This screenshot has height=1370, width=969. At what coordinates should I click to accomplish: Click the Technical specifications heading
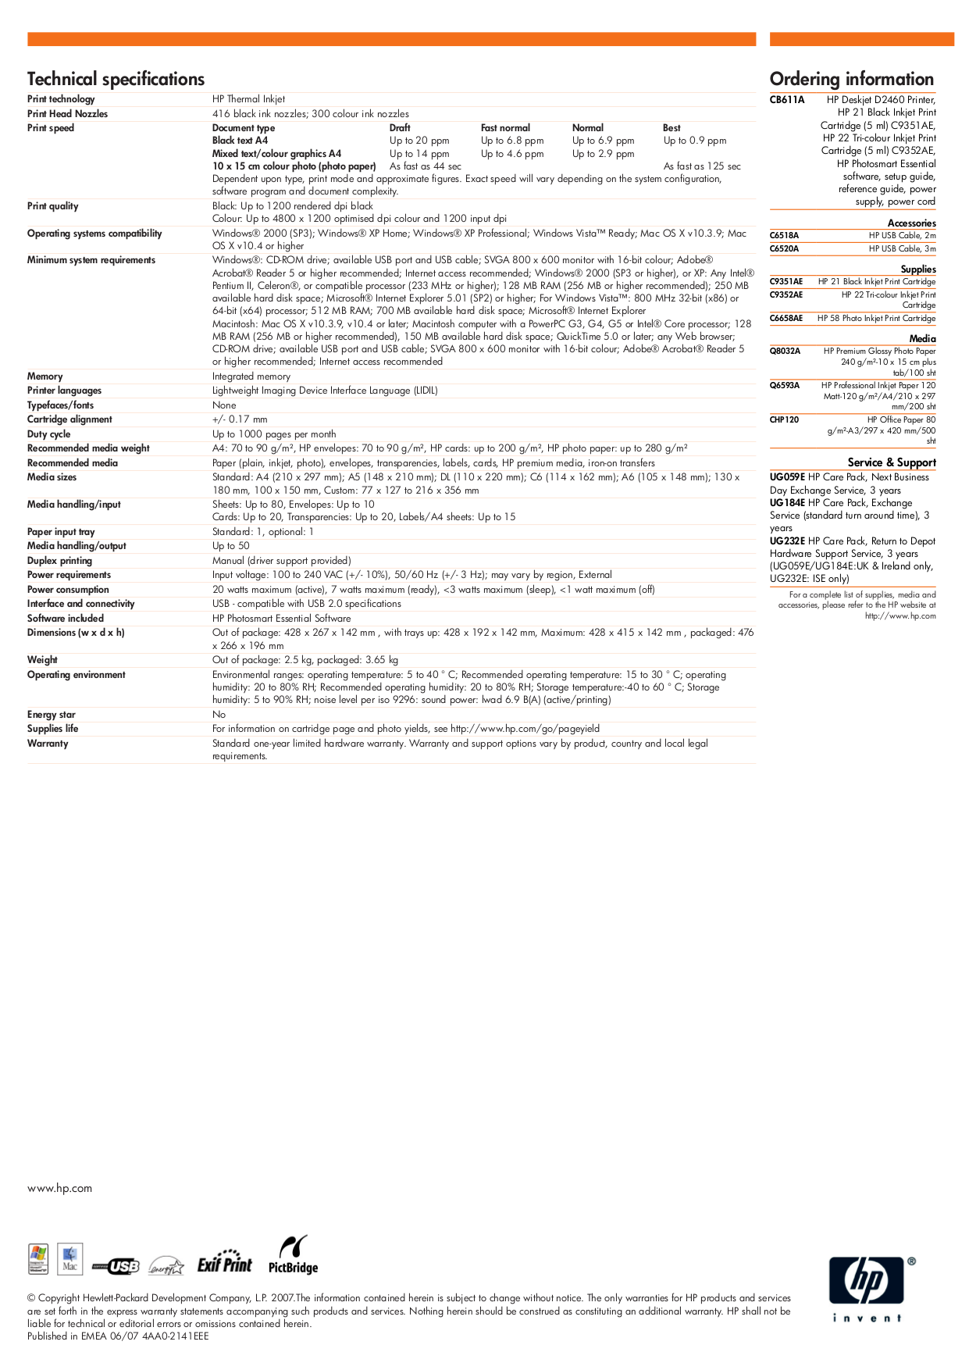[x=116, y=79]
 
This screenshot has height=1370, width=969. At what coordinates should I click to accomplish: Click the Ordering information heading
[x=851, y=79]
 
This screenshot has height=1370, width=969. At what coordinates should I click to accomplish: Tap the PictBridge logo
[x=293, y=1255]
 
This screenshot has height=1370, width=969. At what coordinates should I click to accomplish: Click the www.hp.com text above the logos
[x=59, y=1188]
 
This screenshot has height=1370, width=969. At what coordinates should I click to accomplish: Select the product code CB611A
[x=786, y=100]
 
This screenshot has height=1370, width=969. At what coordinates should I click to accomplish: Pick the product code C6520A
[x=784, y=249]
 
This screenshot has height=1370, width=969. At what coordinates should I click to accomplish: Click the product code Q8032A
[x=785, y=351]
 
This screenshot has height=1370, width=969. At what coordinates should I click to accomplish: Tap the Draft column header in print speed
[x=400, y=128]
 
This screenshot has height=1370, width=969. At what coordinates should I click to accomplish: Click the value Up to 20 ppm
[x=419, y=141]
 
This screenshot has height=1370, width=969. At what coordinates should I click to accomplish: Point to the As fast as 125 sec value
[x=702, y=166]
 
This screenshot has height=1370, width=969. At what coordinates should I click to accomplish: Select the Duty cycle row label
[x=48, y=434]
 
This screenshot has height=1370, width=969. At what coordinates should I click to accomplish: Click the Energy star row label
[x=52, y=715]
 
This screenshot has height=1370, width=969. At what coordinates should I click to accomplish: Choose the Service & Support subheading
[x=891, y=462]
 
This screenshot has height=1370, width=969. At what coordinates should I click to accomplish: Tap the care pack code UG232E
[x=787, y=541]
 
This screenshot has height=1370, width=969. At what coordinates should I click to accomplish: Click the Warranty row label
[x=48, y=744]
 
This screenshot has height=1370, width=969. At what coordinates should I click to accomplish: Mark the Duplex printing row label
[x=59, y=561]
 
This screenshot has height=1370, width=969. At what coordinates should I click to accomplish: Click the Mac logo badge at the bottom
[x=70, y=1259]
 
